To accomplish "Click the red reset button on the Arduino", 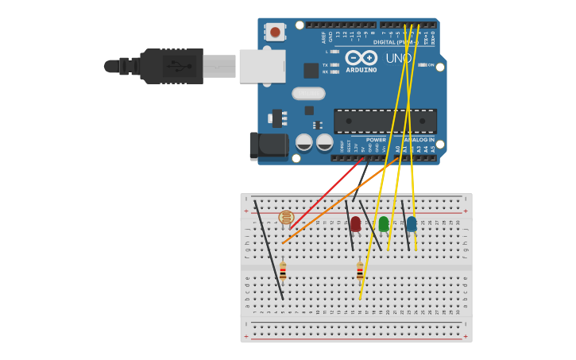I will click(x=275, y=32).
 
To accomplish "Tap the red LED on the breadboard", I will click(x=355, y=224).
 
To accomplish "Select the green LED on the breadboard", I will click(x=384, y=224).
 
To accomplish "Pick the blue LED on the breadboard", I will click(x=411, y=224).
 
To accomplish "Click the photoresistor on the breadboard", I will click(x=286, y=217).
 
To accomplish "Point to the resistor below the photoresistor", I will click(x=283, y=271).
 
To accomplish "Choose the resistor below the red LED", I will click(x=360, y=271).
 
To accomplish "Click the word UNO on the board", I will click(x=399, y=58).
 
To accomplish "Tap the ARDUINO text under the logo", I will click(x=361, y=70).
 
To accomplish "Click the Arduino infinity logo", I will click(x=361, y=57).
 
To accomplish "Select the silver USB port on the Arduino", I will click(x=261, y=67).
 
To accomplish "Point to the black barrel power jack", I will click(x=269, y=145).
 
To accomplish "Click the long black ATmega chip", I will click(x=385, y=121).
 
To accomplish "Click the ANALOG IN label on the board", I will click(x=419, y=139).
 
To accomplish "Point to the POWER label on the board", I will click(x=376, y=139).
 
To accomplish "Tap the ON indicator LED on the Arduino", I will click(x=423, y=64).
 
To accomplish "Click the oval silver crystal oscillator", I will click(x=308, y=93).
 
